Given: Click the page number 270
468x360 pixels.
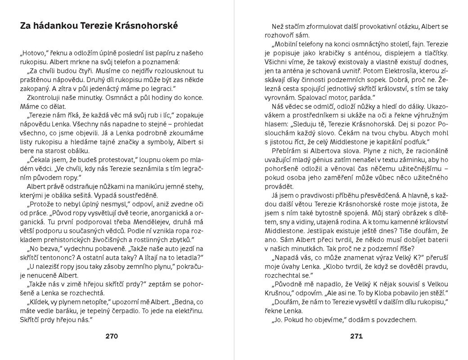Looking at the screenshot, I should point(111,336).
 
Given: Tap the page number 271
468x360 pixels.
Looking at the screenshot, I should point(356,336).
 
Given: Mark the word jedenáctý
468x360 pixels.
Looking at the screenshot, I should point(105,88).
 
